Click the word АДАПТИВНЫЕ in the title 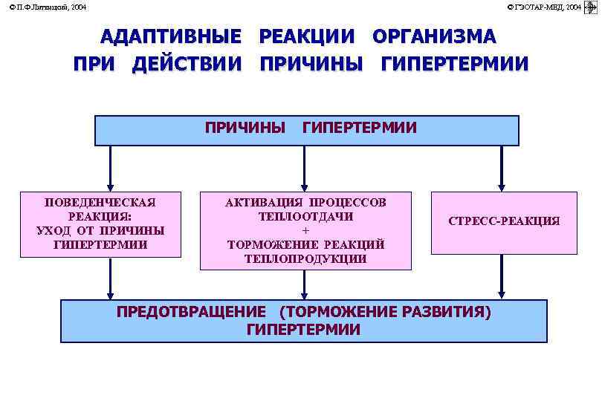point(171,36)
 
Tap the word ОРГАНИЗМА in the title point(434,36)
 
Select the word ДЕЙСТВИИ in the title point(187,64)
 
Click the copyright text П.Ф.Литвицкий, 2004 point(47,7)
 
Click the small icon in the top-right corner point(592,7)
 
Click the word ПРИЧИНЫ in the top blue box point(245,128)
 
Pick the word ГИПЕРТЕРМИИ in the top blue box point(360,128)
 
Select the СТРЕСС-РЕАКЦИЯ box point(503,222)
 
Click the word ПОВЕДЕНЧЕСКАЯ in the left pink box point(100,202)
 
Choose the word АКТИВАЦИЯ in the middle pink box point(264,202)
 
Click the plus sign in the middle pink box point(305,230)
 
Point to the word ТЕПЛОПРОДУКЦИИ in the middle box point(305,258)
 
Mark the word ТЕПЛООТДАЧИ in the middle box point(305,216)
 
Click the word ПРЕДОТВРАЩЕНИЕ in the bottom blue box point(191,311)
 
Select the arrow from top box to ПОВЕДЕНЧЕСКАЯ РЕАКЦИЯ point(111,168)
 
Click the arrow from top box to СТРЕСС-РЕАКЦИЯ point(502,168)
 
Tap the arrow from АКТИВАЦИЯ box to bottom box point(303,284)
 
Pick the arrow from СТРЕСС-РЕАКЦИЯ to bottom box point(502,277)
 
